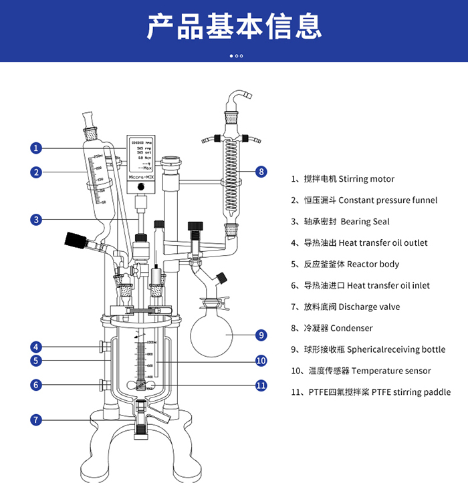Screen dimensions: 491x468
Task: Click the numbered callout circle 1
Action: (x=37, y=148)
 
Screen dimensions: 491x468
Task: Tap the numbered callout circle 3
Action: (x=37, y=219)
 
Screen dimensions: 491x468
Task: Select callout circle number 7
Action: (x=37, y=420)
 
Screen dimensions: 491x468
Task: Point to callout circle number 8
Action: (x=261, y=172)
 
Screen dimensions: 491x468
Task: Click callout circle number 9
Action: (x=261, y=335)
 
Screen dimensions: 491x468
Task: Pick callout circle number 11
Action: (x=261, y=385)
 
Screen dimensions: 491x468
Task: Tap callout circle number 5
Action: (x=37, y=361)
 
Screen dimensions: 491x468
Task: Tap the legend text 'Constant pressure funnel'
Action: (x=388, y=200)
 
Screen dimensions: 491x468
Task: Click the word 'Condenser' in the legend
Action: (x=352, y=329)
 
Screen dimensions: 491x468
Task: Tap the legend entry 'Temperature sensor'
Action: (x=391, y=371)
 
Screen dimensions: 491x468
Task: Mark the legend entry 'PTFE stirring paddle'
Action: (x=411, y=393)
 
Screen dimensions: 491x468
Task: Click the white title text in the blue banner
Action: (x=234, y=25)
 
